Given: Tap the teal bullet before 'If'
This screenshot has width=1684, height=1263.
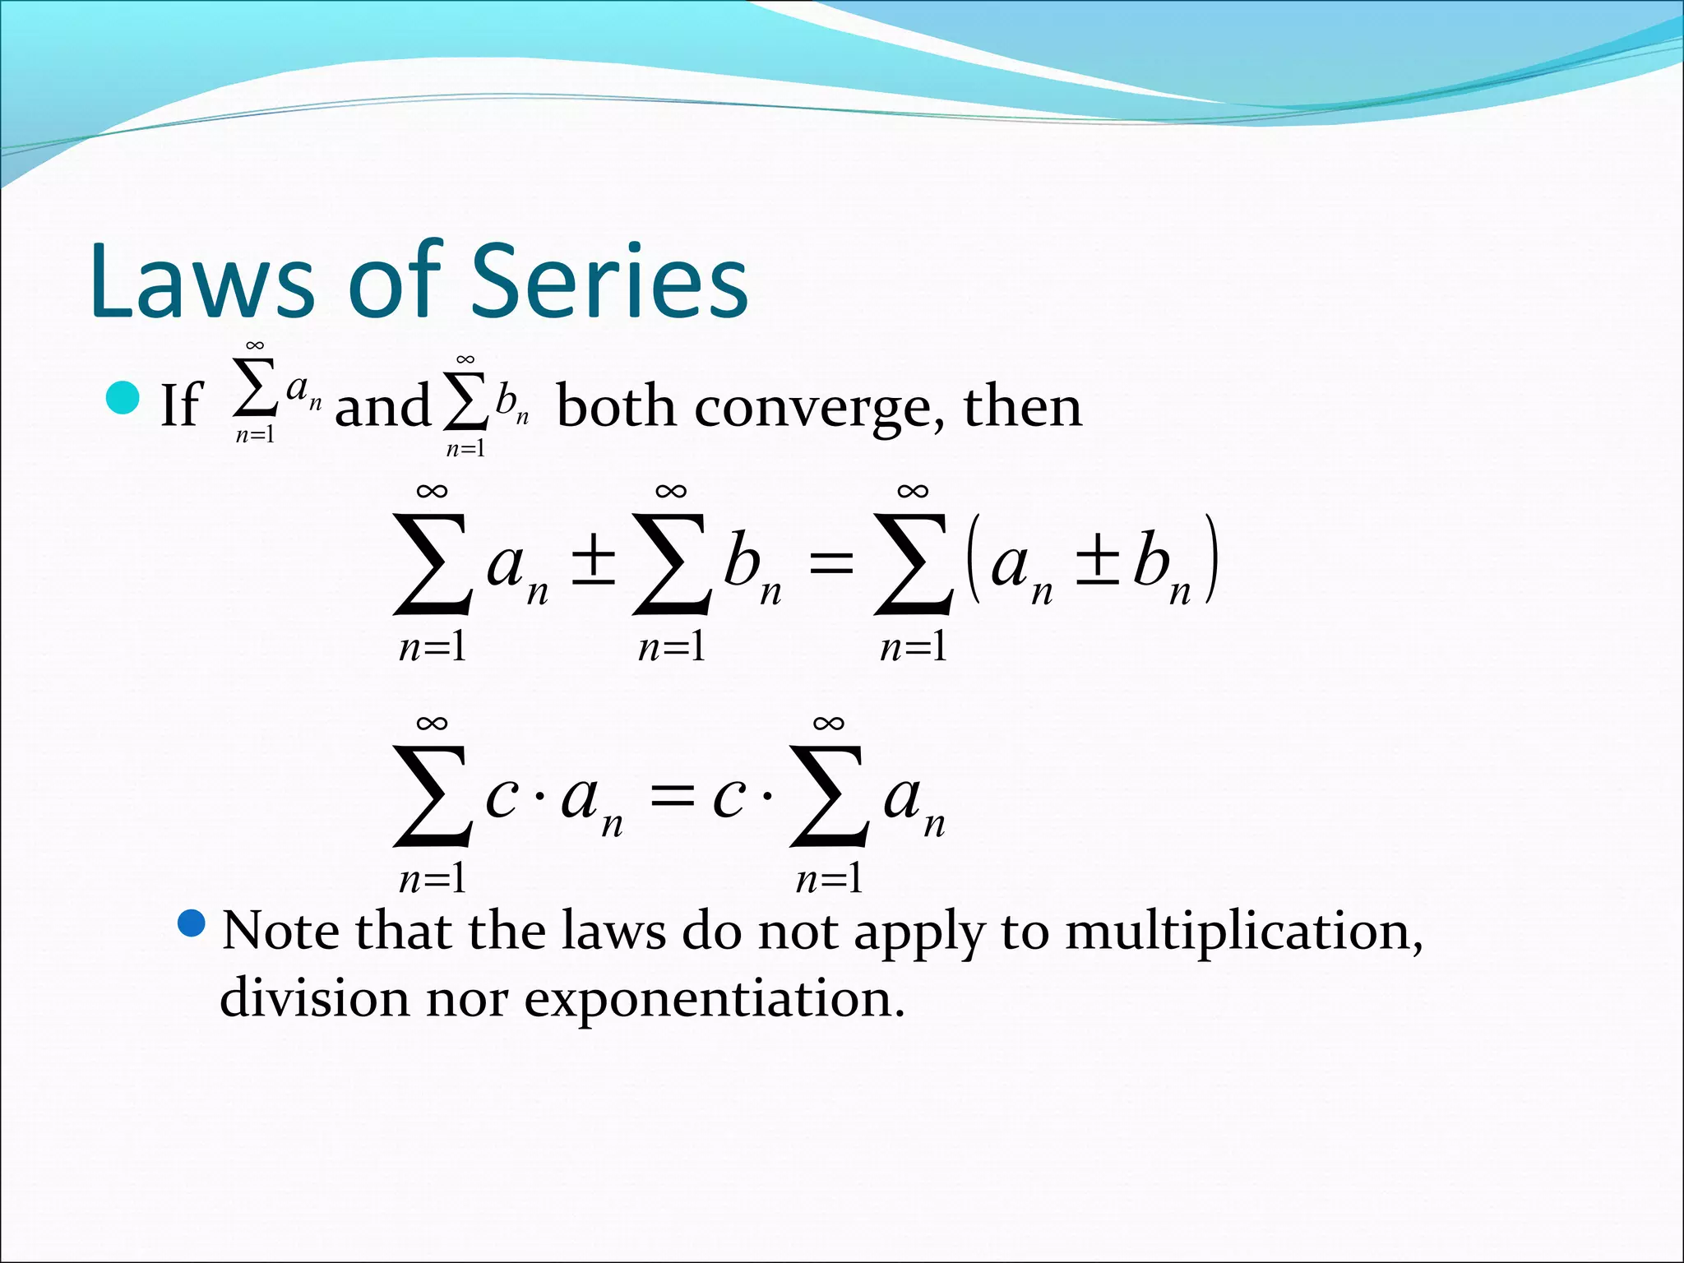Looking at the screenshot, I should (x=123, y=399).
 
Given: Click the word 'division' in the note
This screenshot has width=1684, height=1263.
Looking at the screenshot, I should (x=313, y=998).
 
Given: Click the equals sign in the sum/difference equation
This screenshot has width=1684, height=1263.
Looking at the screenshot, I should (x=830, y=565).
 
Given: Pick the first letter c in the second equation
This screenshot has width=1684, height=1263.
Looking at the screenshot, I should (x=501, y=798).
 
